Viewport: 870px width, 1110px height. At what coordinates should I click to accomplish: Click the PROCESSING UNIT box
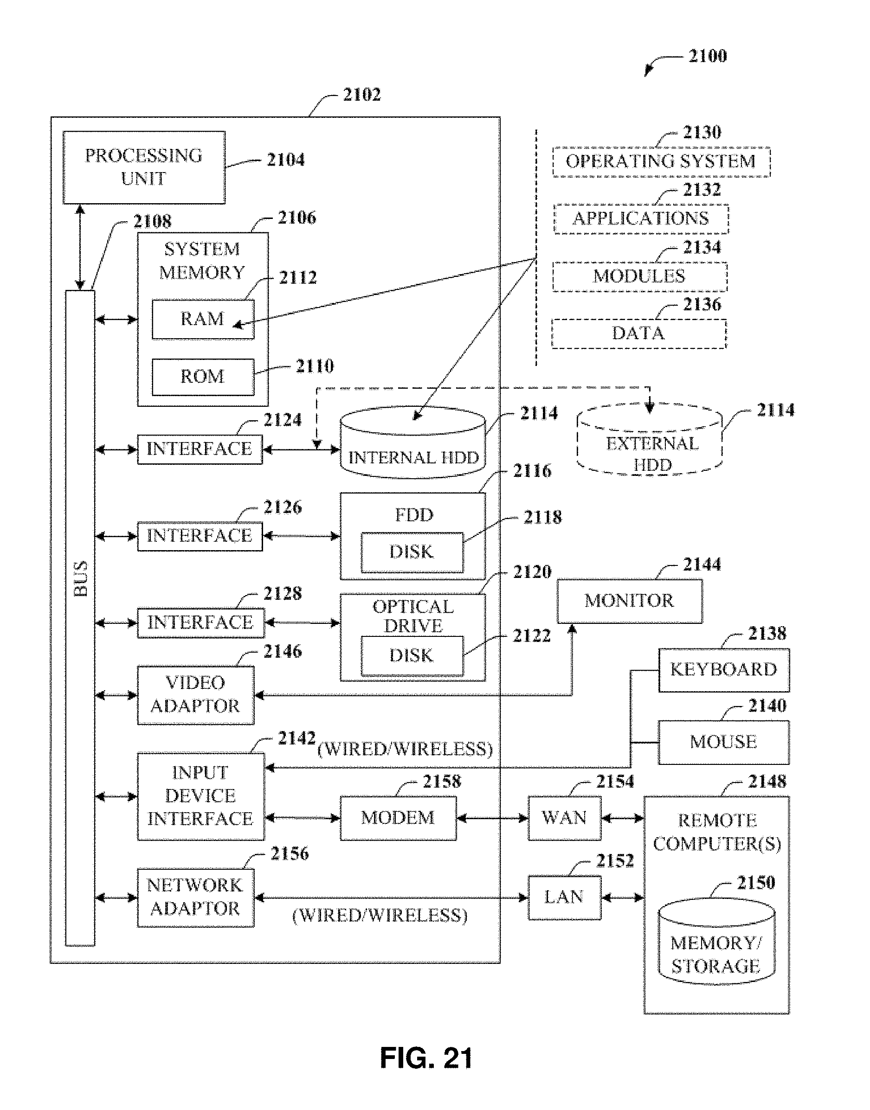(x=144, y=167)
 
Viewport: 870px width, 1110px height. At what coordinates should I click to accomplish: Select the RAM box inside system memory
(x=203, y=319)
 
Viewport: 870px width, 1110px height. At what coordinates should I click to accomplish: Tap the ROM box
(x=203, y=377)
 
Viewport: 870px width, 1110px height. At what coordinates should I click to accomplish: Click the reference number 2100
(x=707, y=56)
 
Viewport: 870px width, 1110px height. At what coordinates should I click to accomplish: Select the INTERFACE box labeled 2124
(x=200, y=449)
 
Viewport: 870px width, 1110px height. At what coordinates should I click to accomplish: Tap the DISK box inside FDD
(x=412, y=552)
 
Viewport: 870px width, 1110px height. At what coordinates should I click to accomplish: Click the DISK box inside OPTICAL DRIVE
(x=412, y=655)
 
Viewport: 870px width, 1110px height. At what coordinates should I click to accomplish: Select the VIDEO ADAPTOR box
(x=196, y=694)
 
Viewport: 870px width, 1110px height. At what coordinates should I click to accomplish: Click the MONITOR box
(x=629, y=601)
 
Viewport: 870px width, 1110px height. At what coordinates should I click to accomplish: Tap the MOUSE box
(x=723, y=742)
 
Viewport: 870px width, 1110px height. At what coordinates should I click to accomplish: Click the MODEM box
(x=398, y=818)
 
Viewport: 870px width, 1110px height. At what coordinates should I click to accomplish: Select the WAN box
(x=564, y=818)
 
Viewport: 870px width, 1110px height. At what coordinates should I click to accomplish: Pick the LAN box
(x=564, y=897)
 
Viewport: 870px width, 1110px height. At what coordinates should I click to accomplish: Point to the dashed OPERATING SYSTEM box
(x=661, y=162)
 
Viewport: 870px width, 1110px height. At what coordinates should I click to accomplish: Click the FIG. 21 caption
(x=426, y=1058)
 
